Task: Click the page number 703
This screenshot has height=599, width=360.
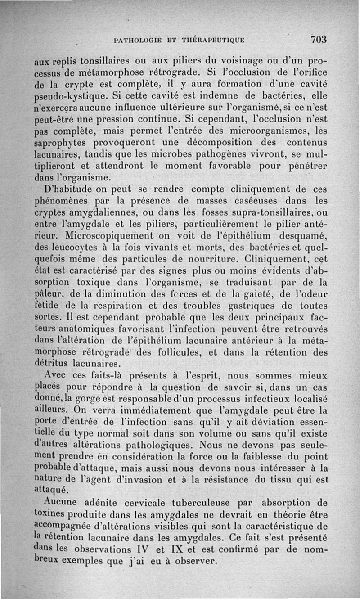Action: pyautogui.click(x=318, y=39)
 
